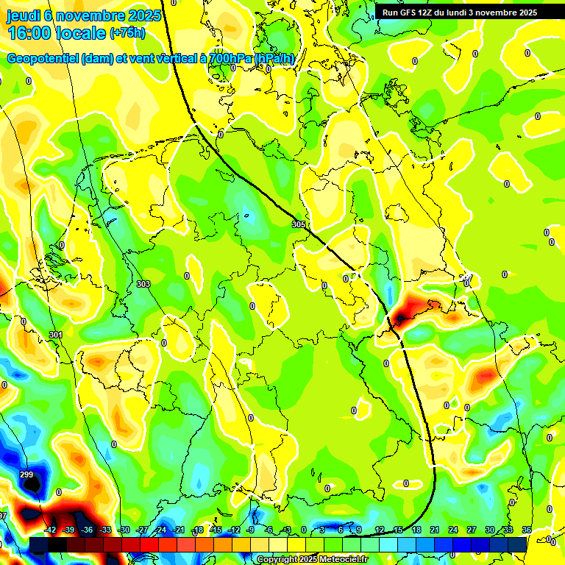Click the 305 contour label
[298, 224]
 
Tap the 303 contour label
[143, 284]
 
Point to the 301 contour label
[56, 335]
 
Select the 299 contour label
[26, 475]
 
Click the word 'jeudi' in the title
[24, 15]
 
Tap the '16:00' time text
[29, 33]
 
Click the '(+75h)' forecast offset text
[127, 33]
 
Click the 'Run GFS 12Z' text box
[460, 13]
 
